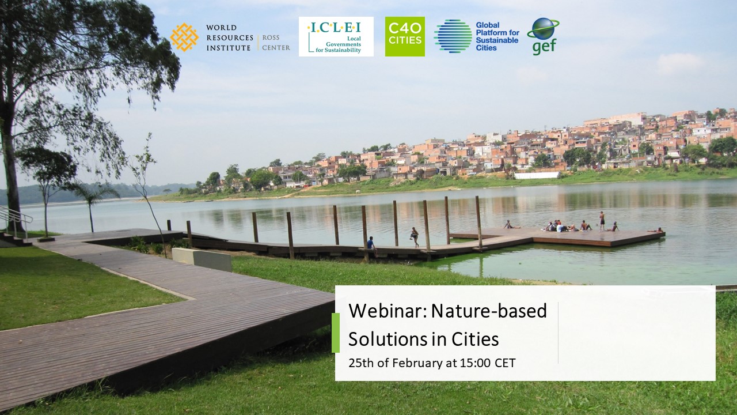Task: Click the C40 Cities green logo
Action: pyautogui.click(x=405, y=36)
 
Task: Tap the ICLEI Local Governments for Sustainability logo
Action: pyautogui.click(x=336, y=36)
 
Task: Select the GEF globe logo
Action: pyautogui.click(x=543, y=36)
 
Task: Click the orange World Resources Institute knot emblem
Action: pyautogui.click(x=184, y=37)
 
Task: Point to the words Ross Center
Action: pyautogui.click(x=276, y=43)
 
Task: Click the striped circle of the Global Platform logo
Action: pyautogui.click(x=453, y=36)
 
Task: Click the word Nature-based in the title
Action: pyautogui.click(x=489, y=311)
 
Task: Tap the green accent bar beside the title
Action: pyautogui.click(x=335, y=333)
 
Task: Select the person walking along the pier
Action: pyautogui.click(x=415, y=237)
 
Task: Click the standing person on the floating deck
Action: pyautogui.click(x=602, y=221)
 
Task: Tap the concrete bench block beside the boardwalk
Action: pyautogui.click(x=202, y=259)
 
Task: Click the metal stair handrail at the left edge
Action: pyautogui.click(x=16, y=218)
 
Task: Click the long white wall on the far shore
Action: pyautogui.click(x=536, y=175)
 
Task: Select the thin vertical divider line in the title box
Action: pyautogui.click(x=558, y=333)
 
